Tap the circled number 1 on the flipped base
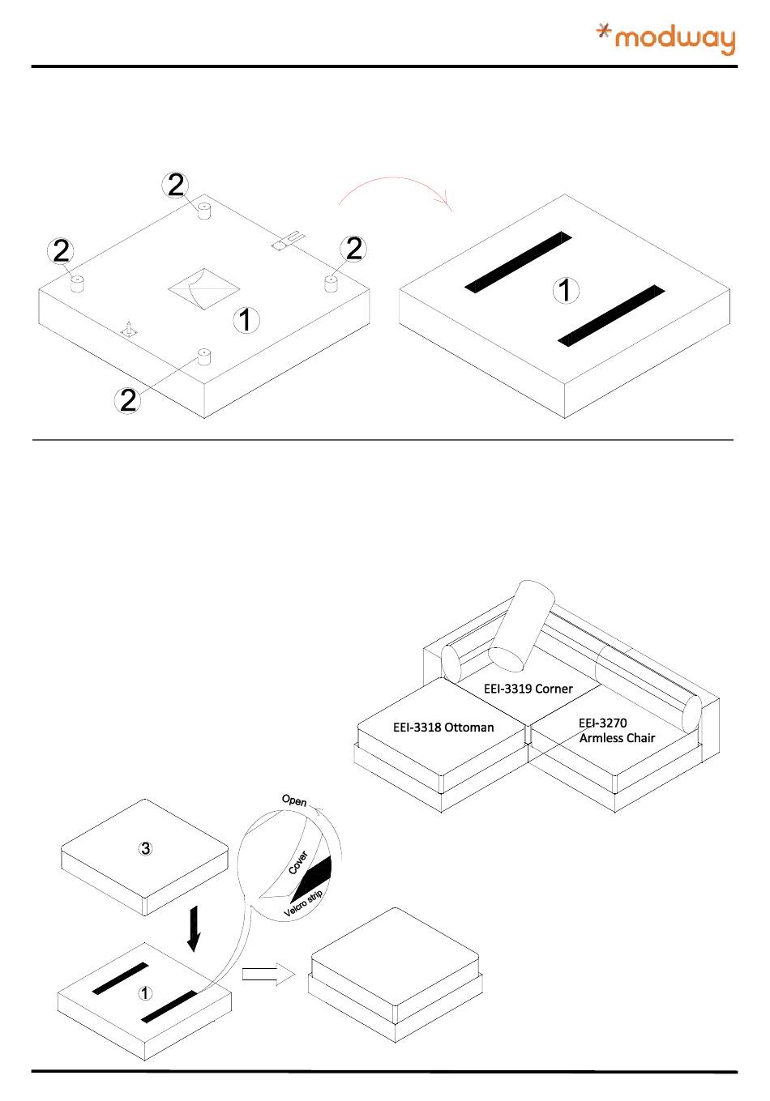566,290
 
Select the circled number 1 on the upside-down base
246,320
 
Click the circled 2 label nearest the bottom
128,399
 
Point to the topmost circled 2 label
175,186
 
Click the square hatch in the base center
203,288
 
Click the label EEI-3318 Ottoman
443,727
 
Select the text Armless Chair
617,738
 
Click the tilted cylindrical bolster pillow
522,625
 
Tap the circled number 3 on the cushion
145,849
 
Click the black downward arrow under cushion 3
193,928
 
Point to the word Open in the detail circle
293,800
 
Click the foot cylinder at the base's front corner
203,357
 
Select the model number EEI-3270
602,723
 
